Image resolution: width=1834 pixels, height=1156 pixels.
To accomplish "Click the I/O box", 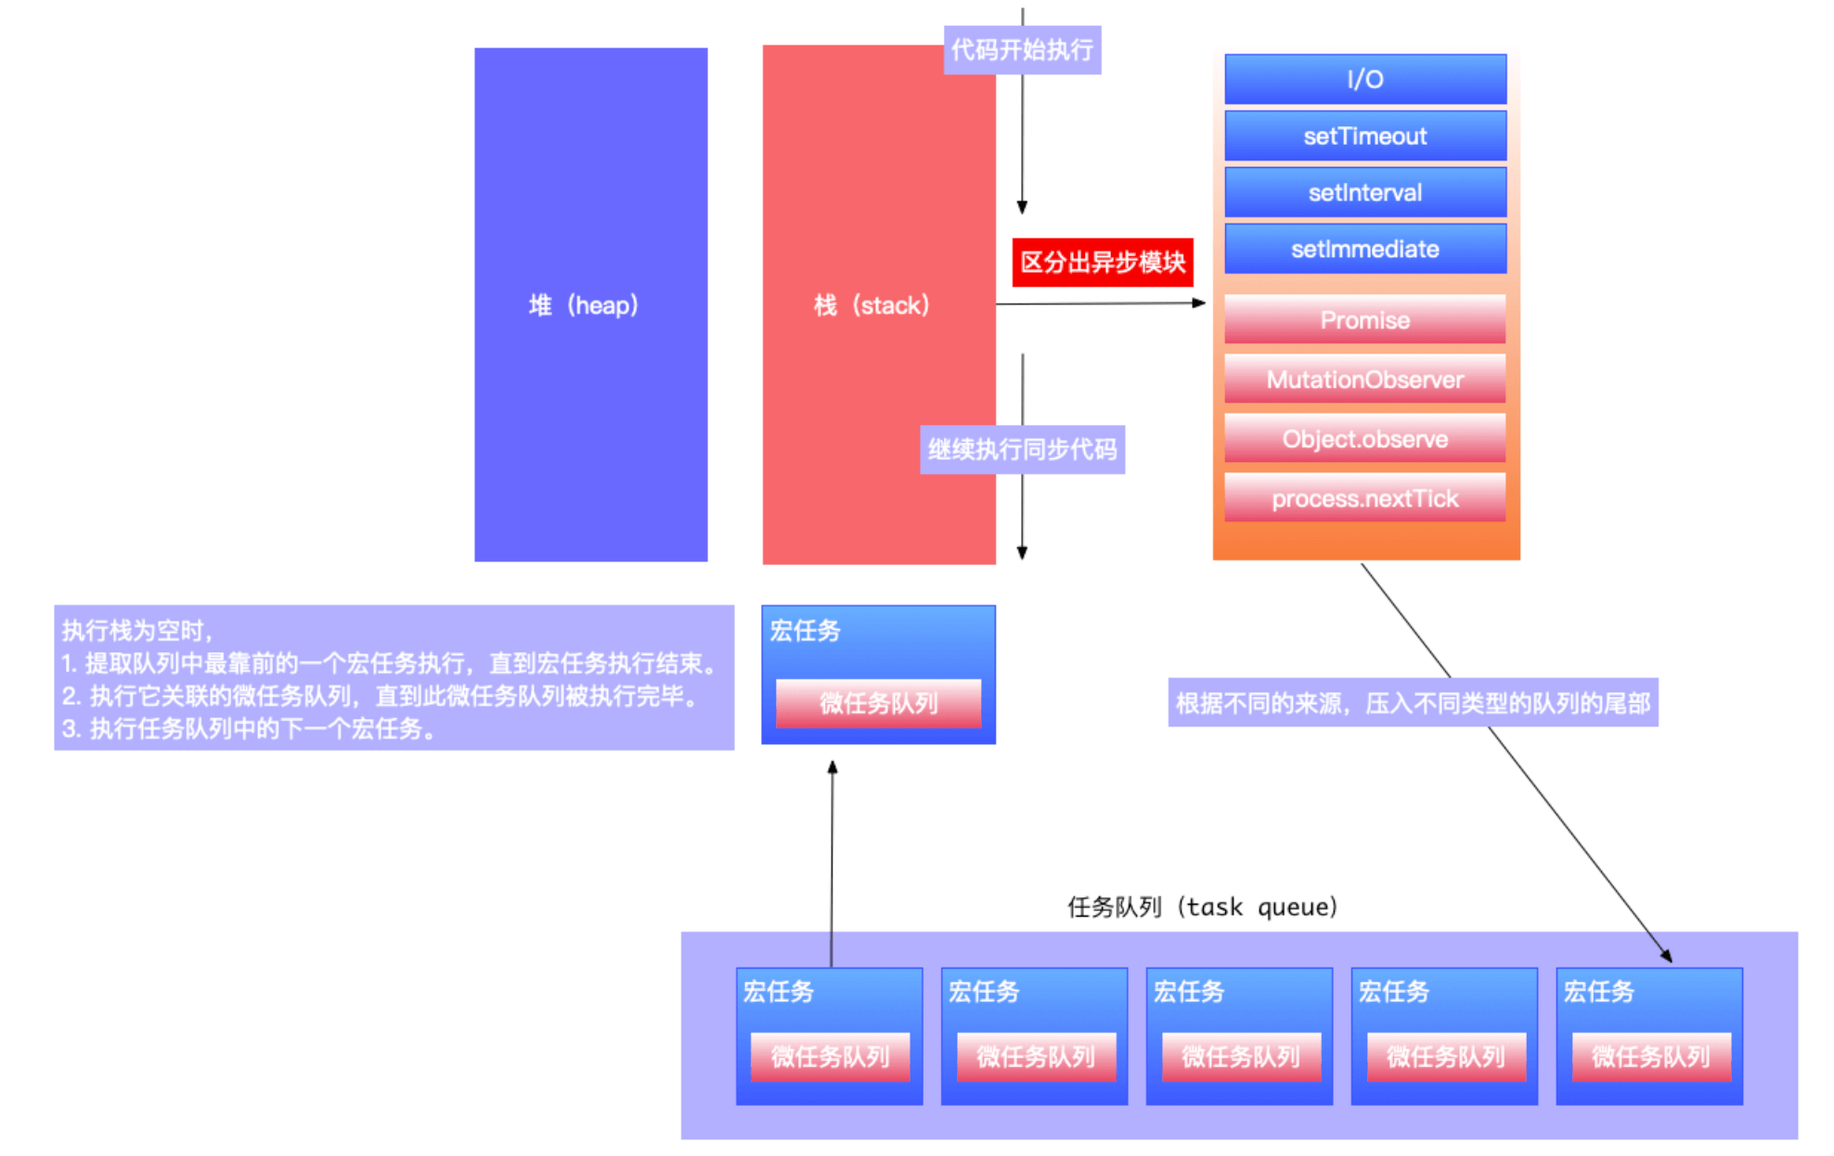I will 1364,79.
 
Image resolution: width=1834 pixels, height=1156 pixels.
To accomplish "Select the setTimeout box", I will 1364,136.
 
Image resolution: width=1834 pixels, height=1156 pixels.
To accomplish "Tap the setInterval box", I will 1364,193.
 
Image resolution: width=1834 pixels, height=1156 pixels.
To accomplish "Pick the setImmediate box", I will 1364,249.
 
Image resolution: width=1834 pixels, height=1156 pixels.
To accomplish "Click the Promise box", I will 1364,320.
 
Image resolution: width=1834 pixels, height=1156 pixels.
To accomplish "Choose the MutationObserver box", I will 1364,379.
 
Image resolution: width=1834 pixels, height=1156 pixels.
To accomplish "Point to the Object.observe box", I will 1364,439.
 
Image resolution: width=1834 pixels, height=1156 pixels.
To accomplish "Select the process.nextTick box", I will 1364,498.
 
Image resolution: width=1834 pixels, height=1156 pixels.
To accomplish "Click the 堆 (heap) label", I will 584,305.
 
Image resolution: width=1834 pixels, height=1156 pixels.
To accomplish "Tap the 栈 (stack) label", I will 872,305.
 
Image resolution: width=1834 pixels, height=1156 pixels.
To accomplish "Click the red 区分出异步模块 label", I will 1103,263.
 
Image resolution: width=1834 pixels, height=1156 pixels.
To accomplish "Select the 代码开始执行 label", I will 1022,49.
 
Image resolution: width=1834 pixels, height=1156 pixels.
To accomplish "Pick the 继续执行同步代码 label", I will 1022,450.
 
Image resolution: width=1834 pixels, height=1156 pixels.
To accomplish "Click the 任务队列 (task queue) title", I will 1203,906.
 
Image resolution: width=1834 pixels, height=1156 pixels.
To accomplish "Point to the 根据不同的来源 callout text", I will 1413,703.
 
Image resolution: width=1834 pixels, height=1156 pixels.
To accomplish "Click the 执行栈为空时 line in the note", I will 137,631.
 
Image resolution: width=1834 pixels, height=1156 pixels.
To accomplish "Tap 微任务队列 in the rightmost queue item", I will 1650,1057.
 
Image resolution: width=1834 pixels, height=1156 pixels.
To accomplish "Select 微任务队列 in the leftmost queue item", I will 830,1057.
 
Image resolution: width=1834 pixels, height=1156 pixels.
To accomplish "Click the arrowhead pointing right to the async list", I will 1199,302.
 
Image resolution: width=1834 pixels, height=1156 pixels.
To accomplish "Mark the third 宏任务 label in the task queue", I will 1189,992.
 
